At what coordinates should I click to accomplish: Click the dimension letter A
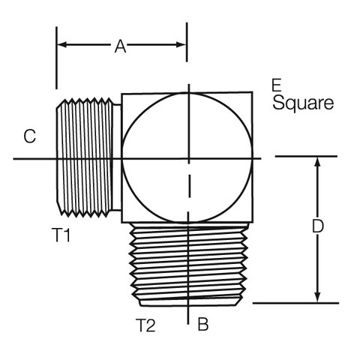click(120, 46)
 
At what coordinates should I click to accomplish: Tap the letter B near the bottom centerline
click(203, 324)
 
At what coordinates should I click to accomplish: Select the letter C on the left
click(30, 136)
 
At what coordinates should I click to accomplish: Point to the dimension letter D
click(318, 226)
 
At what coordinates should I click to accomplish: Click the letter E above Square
click(277, 85)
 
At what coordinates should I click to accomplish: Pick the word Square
click(303, 103)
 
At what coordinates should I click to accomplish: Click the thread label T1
click(61, 235)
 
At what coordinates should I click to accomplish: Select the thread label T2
click(145, 325)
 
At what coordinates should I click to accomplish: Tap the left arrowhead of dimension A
click(61, 45)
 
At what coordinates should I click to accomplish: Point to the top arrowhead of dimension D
click(317, 161)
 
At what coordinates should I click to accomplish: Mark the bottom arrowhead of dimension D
click(317, 298)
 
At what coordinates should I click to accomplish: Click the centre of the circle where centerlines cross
click(189, 158)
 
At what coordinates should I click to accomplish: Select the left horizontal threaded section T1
click(84, 157)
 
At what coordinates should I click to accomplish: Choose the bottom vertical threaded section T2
click(189, 264)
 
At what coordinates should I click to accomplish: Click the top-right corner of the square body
click(252, 92)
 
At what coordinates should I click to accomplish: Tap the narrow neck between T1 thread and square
click(117, 157)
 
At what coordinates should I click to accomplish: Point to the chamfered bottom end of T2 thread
click(190, 302)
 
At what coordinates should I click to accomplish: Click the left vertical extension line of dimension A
click(56, 58)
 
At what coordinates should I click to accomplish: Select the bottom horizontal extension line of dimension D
click(295, 303)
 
